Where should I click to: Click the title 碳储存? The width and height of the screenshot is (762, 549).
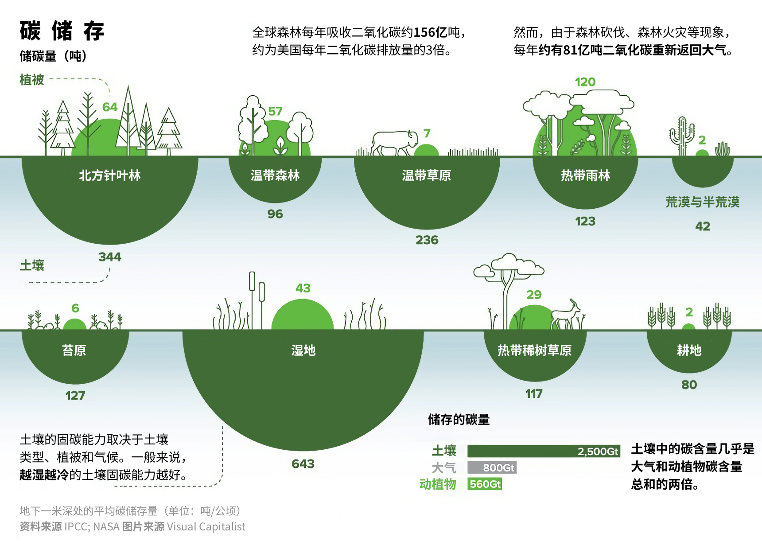click(x=62, y=31)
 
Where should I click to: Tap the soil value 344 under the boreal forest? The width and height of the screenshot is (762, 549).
click(x=110, y=257)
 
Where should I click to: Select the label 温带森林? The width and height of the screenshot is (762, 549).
click(x=275, y=175)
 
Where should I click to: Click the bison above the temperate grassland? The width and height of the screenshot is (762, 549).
click(x=394, y=142)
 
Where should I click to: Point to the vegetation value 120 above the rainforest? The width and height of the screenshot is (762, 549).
click(x=585, y=82)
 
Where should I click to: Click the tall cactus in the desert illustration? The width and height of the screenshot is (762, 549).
click(x=682, y=135)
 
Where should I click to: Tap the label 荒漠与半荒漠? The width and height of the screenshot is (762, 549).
click(x=702, y=202)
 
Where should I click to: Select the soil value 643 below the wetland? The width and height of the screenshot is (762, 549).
click(x=303, y=464)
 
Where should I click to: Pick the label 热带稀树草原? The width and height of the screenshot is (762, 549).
click(x=534, y=350)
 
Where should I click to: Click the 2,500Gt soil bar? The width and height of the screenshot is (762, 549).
click(x=544, y=451)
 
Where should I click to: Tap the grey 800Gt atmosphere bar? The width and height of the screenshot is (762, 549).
click(x=492, y=467)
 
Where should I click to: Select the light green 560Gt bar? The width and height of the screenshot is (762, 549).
click(x=485, y=484)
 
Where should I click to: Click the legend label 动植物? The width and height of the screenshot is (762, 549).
click(x=438, y=484)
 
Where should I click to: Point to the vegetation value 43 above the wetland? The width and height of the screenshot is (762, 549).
click(x=303, y=288)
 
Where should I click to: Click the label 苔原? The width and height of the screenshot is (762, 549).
click(x=74, y=350)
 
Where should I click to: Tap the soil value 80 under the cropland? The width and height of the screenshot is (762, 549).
click(x=689, y=385)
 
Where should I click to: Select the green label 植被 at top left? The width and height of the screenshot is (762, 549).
click(x=32, y=80)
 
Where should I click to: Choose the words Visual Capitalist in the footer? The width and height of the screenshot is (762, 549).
click(x=206, y=526)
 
